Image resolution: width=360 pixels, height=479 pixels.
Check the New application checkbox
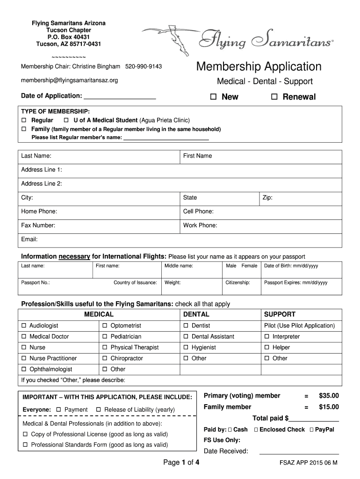(x=213, y=97)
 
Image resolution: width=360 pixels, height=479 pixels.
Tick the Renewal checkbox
(x=274, y=97)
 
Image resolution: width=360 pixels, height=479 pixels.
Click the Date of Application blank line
(x=119, y=97)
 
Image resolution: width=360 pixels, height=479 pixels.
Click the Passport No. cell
(x=65, y=283)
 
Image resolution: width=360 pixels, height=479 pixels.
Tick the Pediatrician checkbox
(x=105, y=336)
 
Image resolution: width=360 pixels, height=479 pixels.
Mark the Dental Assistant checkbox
(x=186, y=336)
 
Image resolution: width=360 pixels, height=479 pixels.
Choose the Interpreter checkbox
(x=267, y=336)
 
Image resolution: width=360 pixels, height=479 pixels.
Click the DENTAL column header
(x=196, y=314)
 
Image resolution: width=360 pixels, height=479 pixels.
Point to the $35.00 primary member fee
(x=329, y=396)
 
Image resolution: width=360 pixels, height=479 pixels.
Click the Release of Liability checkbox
(x=99, y=410)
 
